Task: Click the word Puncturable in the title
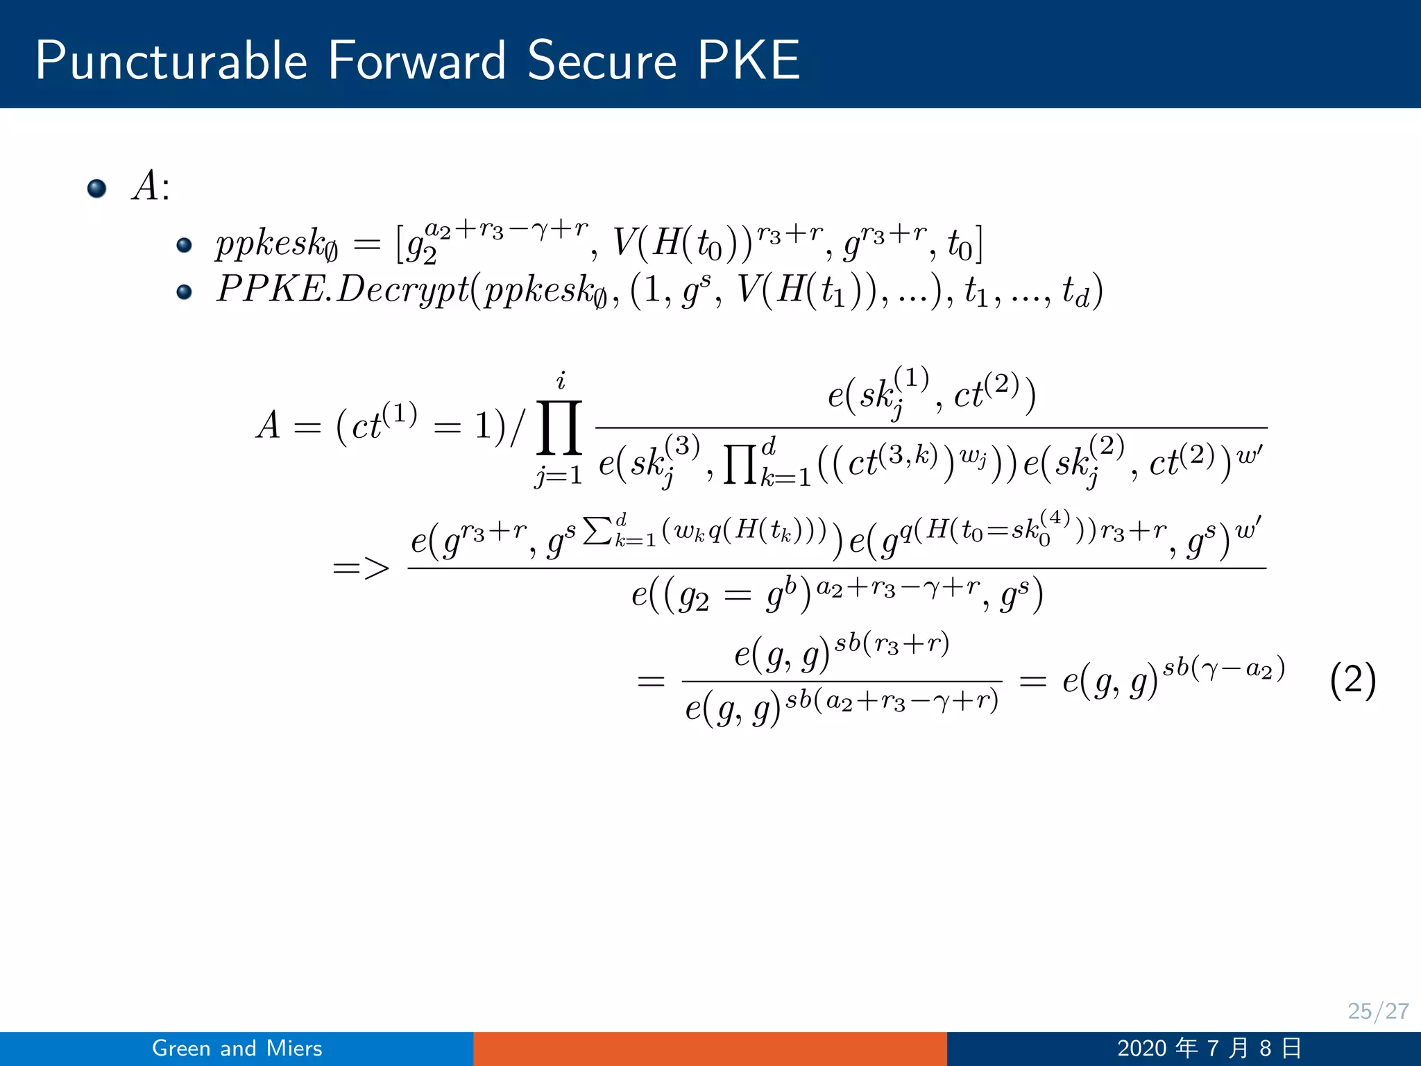[x=171, y=61]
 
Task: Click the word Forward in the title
[x=416, y=61]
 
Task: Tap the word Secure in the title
[x=602, y=61]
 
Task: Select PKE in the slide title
[x=749, y=61]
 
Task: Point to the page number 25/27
[x=1378, y=1010]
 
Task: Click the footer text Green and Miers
[x=237, y=1048]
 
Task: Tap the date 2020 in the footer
[x=1141, y=1048]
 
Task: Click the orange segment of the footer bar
[x=710, y=1048]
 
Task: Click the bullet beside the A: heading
[x=97, y=188]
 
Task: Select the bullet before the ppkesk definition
[x=184, y=245]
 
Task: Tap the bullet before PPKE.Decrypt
[x=184, y=291]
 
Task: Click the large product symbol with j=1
[x=559, y=428]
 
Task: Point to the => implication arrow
[x=361, y=569]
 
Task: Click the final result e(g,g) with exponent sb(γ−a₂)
[x=1173, y=680]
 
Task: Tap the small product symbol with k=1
[x=740, y=463]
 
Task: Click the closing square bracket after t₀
[x=978, y=244]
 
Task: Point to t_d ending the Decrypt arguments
[x=1077, y=292]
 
